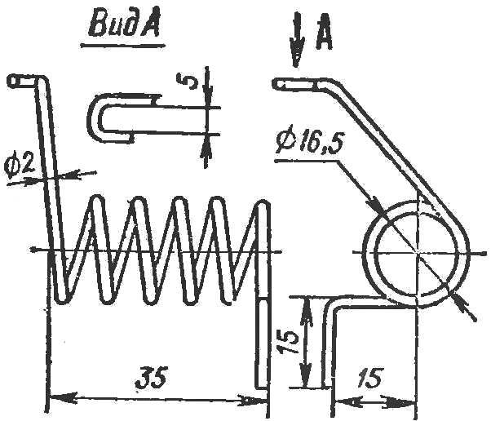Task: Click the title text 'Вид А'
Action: click(124, 25)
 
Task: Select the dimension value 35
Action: click(150, 378)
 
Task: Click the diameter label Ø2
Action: click(20, 165)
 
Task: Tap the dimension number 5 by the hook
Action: click(187, 81)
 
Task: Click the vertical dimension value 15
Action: click(287, 341)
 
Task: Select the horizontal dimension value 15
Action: click(370, 377)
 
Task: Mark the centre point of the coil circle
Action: click(417, 251)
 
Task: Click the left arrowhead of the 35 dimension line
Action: click(63, 396)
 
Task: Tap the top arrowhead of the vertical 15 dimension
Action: click(306, 310)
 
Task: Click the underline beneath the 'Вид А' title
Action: click(123, 45)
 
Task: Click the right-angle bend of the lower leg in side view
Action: click(333, 305)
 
